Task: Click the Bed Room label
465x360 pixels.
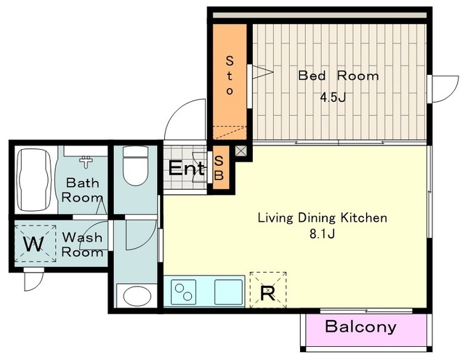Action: pos(339,76)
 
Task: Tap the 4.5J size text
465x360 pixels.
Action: pos(333,97)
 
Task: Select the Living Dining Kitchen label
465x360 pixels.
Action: pos(323,218)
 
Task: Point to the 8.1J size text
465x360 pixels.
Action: pos(323,234)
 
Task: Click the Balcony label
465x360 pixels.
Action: pos(360,327)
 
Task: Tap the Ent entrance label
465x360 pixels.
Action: pos(187,168)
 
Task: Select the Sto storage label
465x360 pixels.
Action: pos(230,76)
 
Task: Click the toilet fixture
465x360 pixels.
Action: pos(136,165)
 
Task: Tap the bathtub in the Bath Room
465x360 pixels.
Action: pos(33,180)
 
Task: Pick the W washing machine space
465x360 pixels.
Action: pos(36,244)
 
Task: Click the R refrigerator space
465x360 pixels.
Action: pos(268,290)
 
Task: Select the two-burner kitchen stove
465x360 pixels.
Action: pos(183,292)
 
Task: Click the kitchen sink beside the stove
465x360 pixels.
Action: pos(228,292)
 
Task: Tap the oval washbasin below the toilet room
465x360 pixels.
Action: pos(137,296)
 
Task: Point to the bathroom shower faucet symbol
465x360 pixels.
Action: pos(86,161)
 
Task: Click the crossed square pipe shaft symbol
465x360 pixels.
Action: pos(240,151)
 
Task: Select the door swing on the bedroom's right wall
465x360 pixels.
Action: pos(444,89)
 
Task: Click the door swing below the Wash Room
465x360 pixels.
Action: pos(34,279)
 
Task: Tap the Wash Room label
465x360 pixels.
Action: pos(82,244)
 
